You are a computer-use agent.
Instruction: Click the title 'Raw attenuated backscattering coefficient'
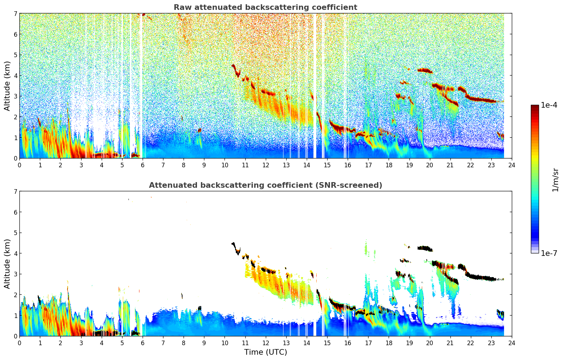265,7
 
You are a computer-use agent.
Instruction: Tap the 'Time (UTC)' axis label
265,352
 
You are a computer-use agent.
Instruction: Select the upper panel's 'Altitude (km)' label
7,86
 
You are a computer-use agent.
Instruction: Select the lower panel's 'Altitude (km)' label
7,264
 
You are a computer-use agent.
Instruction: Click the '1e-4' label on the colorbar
549,105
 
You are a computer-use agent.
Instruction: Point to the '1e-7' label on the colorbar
549,253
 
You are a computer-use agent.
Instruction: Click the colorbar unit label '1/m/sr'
555,180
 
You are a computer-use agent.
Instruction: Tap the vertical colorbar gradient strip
534,179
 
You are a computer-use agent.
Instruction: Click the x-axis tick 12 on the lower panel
265,343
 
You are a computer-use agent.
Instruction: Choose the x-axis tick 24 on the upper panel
511,165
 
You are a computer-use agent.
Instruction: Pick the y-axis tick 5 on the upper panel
16,55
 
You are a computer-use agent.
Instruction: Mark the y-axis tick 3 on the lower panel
16,274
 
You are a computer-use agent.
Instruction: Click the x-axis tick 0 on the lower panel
19,343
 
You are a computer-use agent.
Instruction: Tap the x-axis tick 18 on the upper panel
389,165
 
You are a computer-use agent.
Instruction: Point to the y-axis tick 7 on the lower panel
16,191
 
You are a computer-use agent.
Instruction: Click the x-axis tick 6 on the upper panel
143,165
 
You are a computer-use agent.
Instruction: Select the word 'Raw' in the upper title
182,7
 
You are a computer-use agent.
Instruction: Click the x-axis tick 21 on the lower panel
450,343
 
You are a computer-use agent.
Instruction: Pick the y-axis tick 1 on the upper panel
16,138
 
